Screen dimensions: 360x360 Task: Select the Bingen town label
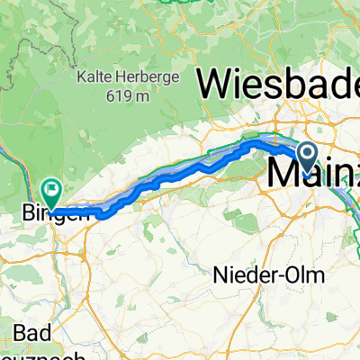point(52,213)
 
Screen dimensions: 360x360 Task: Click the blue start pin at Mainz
point(307,157)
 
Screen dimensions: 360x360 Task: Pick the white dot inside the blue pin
point(307,153)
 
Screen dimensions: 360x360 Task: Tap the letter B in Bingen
point(25,213)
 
